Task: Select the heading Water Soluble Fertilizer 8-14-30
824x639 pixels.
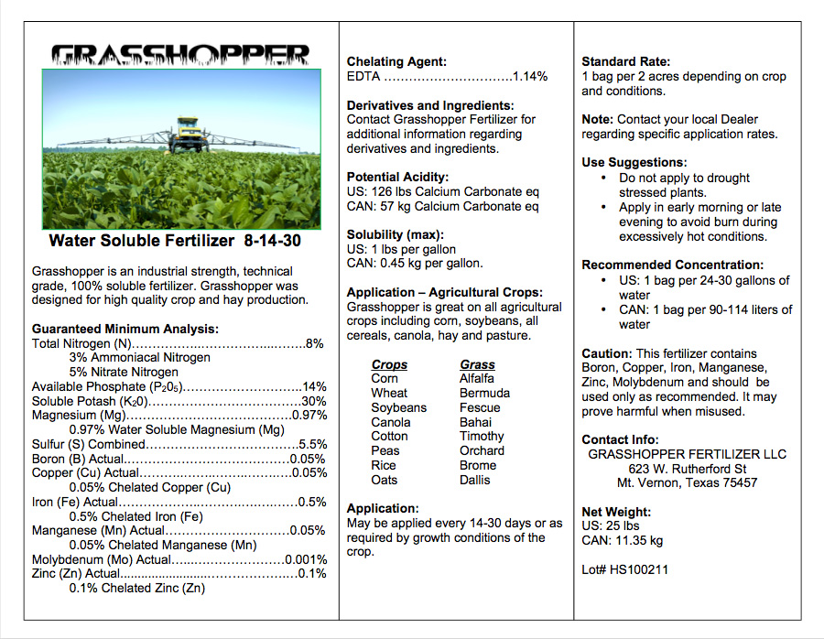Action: pyautogui.click(x=174, y=242)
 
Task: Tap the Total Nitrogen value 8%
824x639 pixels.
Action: pyautogui.click(x=315, y=343)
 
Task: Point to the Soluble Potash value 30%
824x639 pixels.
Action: pyautogui.click(x=314, y=401)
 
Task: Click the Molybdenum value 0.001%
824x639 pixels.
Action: pyautogui.click(x=306, y=559)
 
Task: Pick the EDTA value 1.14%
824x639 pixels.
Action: pyautogui.click(x=530, y=77)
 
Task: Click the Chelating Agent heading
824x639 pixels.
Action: pyautogui.click(x=396, y=62)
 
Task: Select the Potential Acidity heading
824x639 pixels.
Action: pyautogui.click(x=397, y=177)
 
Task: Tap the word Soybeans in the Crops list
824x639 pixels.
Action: pyautogui.click(x=398, y=407)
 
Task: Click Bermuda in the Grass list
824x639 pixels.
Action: pyautogui.click(x=484, y=393)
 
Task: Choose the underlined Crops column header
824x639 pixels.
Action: pyautogui.click(x=389, y=364)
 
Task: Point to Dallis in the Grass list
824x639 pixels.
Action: pyautogui.click(x=474, y=480)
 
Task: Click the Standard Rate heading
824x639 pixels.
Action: pyautogui.click(x=626, y=62)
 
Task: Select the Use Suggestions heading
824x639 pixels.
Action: pyautogui.click(x=634, y=163)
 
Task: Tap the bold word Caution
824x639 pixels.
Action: pyautogui.click(x=606, y=353)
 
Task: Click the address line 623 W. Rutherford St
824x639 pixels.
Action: pyautogui.click(x=687, y=468)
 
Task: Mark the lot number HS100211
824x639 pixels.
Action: pyautogui.click(x=638, y=569)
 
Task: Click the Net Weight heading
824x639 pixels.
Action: pyautogui.click(x=616, y=512)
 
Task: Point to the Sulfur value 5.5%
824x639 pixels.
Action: pyautogui.click(x=312, y=444)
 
